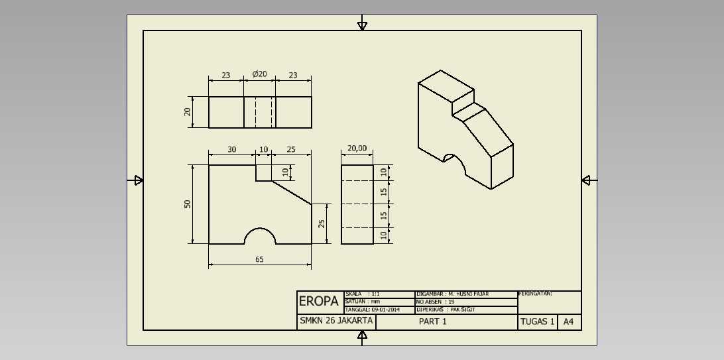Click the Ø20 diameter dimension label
[x=259, y=74]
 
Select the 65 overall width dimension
[x=259, y=259]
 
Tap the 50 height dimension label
[x=188, y=204]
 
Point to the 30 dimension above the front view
[x=232, y=150]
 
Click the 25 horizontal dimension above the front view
[x=291, y=150]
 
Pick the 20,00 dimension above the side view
[x=357, y=148]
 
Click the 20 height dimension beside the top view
[x=188, y=111]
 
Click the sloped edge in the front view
[x=292, y=192]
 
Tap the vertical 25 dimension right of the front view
[x=322, y=223]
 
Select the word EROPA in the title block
[x=319, y=302]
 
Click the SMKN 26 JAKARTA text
[x=335, y=322]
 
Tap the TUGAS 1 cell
[x=538, y=322]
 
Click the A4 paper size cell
[x=569, y=322]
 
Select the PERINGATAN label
[x=536, y=294]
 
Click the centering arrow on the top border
[x=363, y=25]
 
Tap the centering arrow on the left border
[x=137, y=180]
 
